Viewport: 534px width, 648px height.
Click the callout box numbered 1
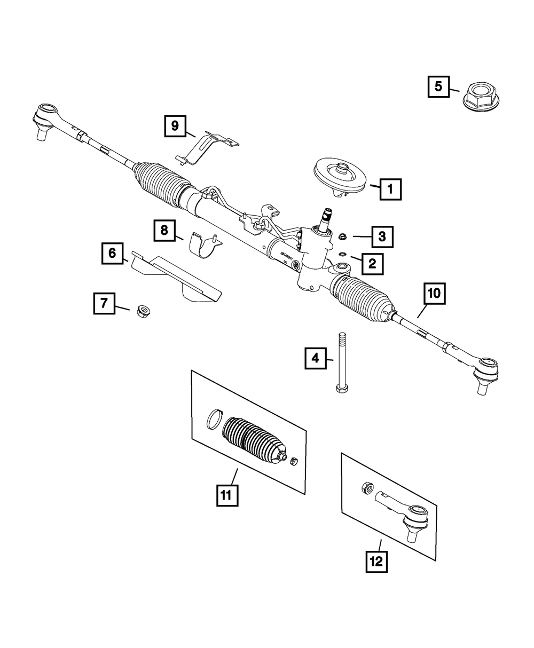tap(390, 188)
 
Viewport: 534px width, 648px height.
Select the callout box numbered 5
tap(438, 86)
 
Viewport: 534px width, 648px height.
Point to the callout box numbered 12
tap(376, 562)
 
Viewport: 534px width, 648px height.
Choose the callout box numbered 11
tap(226, 495)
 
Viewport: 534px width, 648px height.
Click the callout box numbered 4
tap(316, 358)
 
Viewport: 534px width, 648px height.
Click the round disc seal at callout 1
tap(340, 176)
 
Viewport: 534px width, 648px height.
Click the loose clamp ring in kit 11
tap(214, 418)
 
